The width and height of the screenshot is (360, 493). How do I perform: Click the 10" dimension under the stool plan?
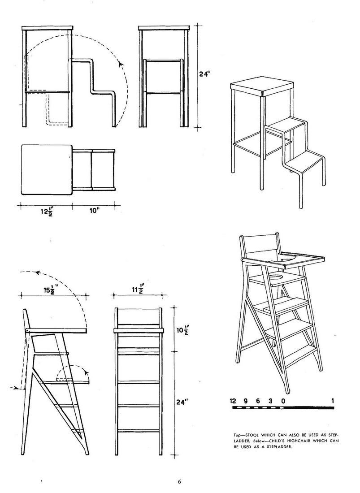pyautogui.click(x=94, y=211)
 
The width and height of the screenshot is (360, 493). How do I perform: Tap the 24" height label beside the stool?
pyautogui.click(x=205, y=74)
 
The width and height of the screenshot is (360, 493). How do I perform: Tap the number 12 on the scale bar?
pyautogui.click(x=233, y=401)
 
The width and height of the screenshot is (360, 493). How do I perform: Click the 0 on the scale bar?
pyautogui.click(x=283, y=401)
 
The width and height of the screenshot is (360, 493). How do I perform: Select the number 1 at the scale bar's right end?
pyautogui.click(x=332, y=401)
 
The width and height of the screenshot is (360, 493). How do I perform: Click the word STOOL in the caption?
pyautogui.click(x=252, y=435)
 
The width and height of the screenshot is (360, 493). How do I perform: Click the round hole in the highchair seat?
pyautogui.click(x=276, y=277)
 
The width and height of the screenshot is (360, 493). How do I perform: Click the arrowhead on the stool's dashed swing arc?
pyautogui.click(x=121, y=64)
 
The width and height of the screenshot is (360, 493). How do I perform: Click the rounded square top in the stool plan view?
pyautogui.click(x=47, y=170)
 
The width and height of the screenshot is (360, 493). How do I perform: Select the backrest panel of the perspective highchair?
pyautogui.click(x=260, y=246)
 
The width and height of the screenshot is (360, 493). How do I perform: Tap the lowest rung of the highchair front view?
pyautogui.click(x=139, y=430)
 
